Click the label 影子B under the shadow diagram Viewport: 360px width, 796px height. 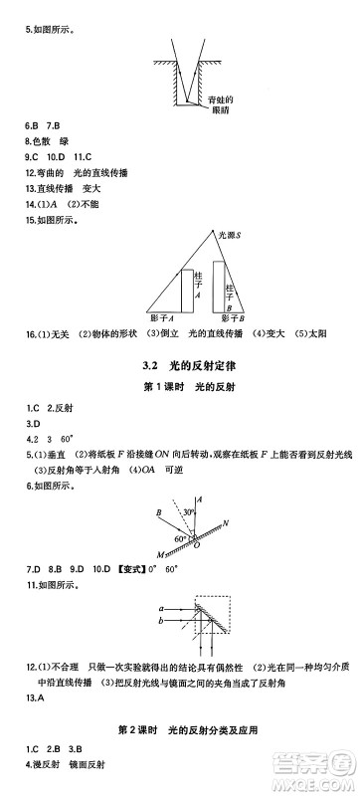(231, 317)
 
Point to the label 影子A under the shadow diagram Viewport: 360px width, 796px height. (165, 317)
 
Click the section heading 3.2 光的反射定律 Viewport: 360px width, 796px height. (179, 361)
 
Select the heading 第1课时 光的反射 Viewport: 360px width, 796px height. (179, 385)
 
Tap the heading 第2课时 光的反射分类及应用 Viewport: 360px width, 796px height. (179, 730)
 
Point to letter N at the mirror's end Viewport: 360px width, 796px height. (228, 521)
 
